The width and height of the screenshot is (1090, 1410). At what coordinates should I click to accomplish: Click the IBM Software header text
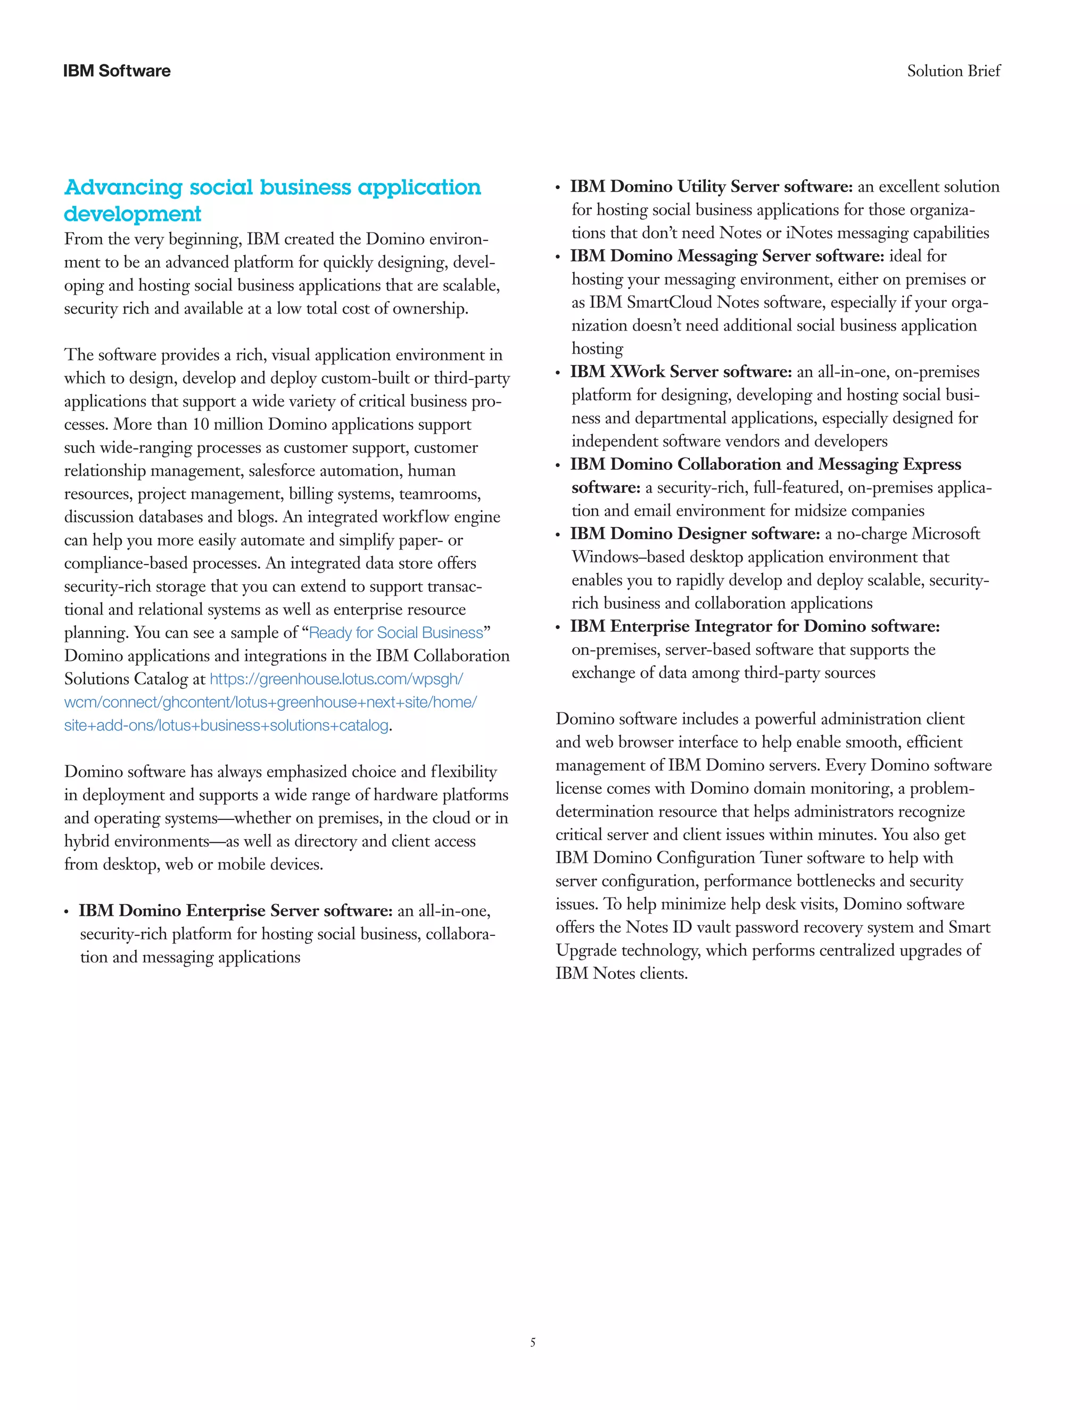coord(117,71)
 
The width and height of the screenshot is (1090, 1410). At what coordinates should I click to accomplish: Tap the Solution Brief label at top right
coord(953,71)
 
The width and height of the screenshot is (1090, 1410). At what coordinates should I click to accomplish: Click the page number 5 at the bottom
coord(533,1342)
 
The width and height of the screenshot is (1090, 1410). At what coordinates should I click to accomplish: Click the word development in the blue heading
coord(133,214)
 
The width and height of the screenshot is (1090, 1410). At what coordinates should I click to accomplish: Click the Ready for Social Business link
coord(396,633)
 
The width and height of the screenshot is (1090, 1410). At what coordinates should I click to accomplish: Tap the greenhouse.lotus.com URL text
coord(336,679)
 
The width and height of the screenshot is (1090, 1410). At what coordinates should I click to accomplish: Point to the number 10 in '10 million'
coord(202,425)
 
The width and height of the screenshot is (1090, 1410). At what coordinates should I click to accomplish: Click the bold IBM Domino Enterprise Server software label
coord(236,911)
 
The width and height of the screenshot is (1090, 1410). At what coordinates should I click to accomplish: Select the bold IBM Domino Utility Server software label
coord(711,187)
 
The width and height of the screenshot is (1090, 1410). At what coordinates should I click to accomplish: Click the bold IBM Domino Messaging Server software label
coord(726,256)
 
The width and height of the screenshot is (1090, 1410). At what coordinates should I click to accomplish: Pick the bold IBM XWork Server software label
coord(681,372)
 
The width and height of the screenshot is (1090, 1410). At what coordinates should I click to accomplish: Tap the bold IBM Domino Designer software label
coord(695,534)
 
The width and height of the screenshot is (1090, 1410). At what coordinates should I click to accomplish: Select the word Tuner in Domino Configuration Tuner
coord(781,858)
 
